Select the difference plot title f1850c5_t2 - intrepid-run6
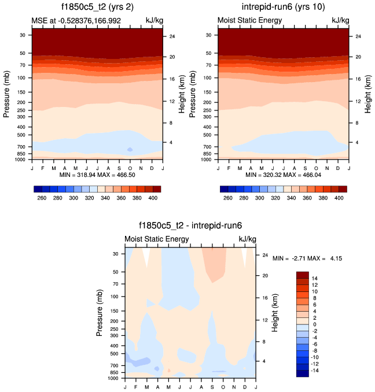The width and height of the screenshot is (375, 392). click(189, 227)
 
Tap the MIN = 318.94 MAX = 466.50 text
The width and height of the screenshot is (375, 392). click(97, 174)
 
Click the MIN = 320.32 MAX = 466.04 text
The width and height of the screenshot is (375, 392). click(284, 174)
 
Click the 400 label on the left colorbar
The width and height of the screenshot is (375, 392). click(152, 198)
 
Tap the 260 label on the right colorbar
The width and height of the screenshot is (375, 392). click(228, 198)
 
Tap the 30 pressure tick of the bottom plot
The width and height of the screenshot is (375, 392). click(115, 254)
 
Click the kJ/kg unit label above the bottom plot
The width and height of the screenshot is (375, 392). click(247, 239)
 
